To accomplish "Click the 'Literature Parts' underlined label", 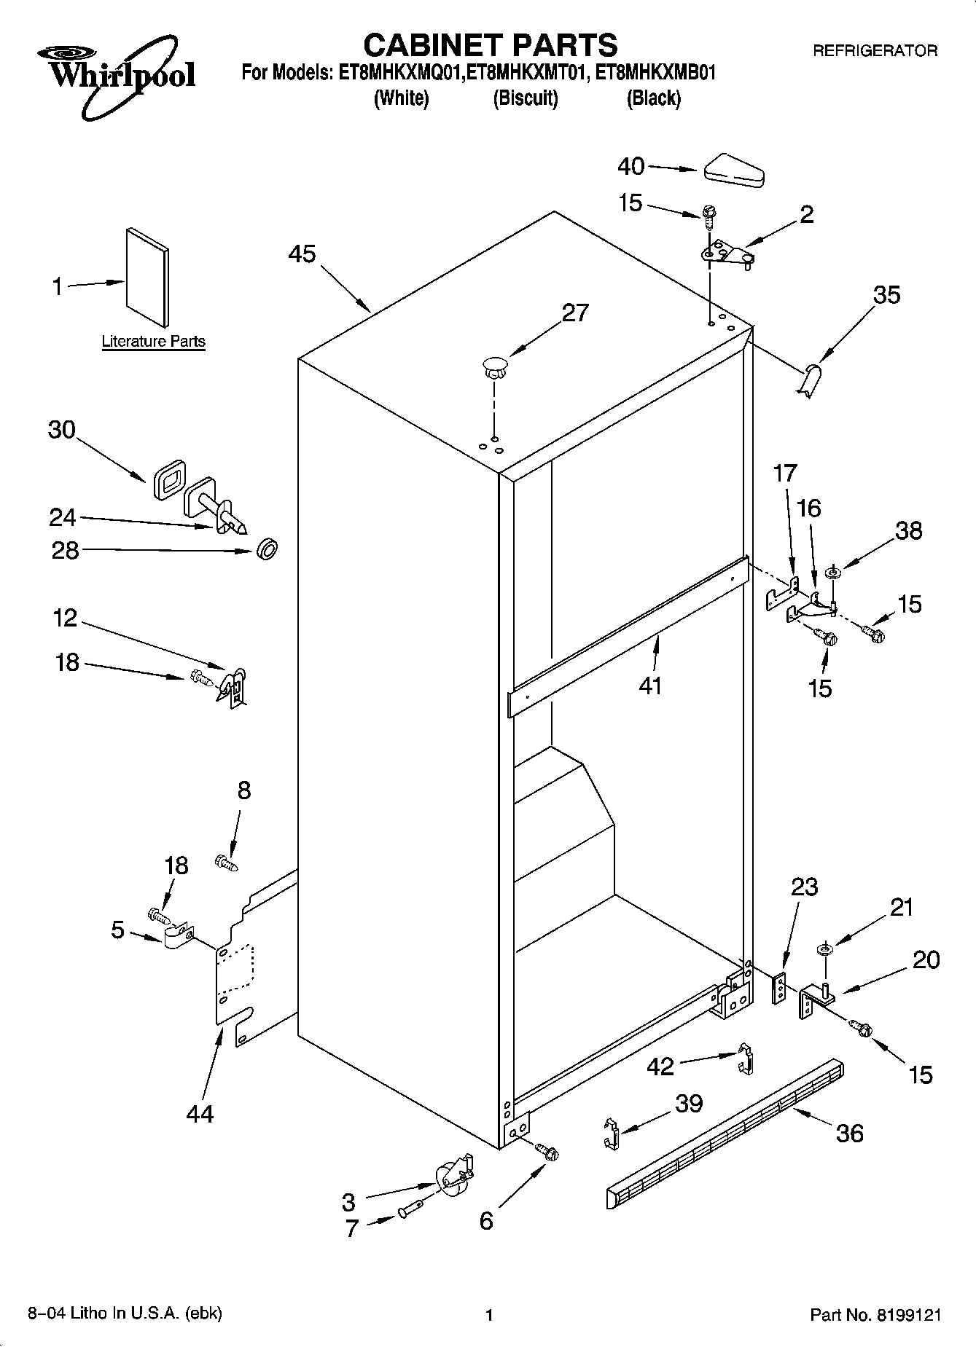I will [153, 341].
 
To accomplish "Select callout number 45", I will [302, 254].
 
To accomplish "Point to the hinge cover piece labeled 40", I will [733, 169].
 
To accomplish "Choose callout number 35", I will [886, 295].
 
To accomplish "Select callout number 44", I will [200, 1113].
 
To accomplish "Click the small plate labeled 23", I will [780, 987].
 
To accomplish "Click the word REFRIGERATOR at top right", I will [875, 51].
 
